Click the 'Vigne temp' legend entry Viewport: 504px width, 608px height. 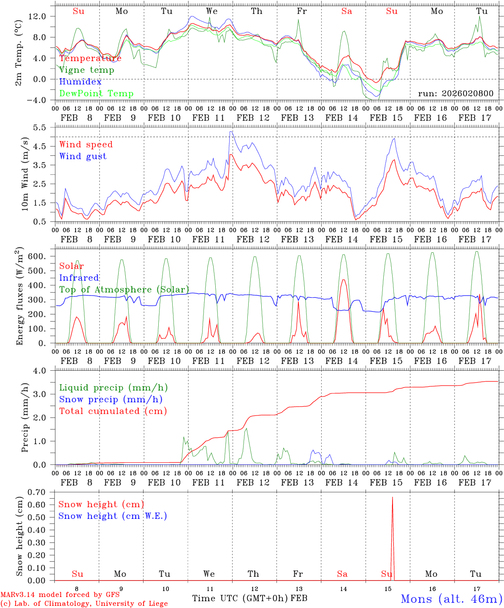(87, 70)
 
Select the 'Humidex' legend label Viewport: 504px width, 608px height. (80, 82)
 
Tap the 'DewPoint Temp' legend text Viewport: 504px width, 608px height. (96, 94)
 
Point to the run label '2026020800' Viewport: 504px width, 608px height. (455, 94)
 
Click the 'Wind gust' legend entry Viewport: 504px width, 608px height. (83, 156)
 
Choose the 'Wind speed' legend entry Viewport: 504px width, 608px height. (86, 144)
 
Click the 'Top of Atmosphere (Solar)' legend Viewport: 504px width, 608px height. (124, 290)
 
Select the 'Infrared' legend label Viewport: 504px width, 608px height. (79, 278)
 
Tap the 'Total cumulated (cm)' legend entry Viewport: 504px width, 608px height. (113, 411)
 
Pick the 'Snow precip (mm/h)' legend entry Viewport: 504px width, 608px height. (111, 399)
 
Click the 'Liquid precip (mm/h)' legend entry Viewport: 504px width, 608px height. (113, 388)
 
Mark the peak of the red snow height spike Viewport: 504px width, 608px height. (392, 497)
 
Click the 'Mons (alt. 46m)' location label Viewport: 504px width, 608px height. (451, 599)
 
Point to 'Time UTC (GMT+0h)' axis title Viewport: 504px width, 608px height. (240, 598)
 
